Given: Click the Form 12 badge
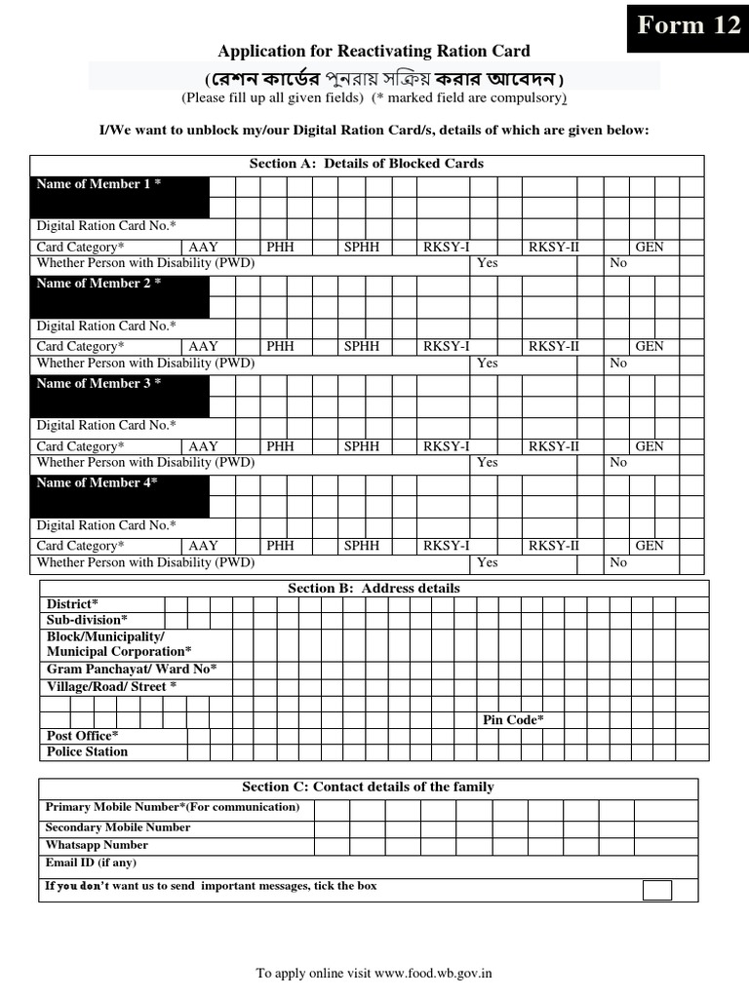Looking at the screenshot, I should coord(689,25).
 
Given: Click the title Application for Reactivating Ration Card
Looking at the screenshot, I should coord(374,52).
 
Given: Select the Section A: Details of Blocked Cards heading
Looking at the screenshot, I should coord(367,164).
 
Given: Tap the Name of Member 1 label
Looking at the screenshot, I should coord(99,184).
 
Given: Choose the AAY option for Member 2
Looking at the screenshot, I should coord(204,346).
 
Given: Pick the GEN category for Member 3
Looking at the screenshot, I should coord(650,446).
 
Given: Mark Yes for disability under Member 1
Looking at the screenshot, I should coord(487,263).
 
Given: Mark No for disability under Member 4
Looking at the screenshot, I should coord(618,562).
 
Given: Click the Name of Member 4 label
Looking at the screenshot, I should coord(97,483).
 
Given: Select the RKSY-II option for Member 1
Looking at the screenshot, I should coord(554,247).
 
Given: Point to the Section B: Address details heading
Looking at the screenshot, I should coord(374,589).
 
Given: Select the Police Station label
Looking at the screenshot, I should coord(87,751).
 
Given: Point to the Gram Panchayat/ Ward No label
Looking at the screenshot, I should coord(132,669).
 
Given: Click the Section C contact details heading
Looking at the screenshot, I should coord(368,787).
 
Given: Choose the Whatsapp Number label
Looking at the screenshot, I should coord(97,845).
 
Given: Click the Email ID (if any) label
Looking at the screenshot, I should coord(91,864).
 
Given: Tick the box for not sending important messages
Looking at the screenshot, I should coord(657,889).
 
